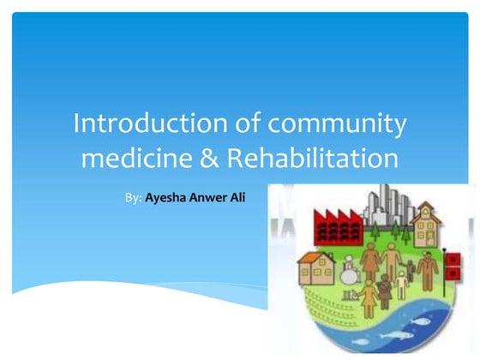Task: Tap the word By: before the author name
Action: (x=133, y=197)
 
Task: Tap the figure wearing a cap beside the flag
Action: (x=426, y=270)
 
